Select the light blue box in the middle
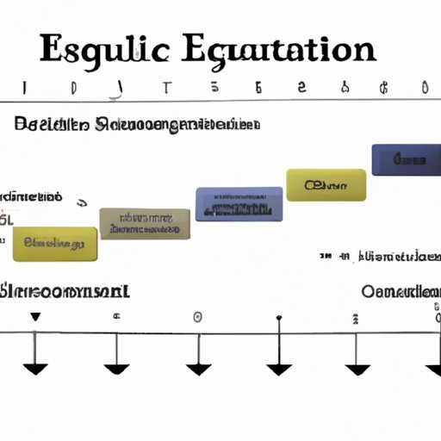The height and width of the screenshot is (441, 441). pyautogui.click(x=239, y=203)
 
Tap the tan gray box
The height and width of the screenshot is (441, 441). pyautogui.click(x=145, y=223)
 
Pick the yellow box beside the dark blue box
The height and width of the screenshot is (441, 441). pyautogui.click(x=326, y=184)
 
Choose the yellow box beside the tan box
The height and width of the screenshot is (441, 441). pyautogui.click(x=55, y=244)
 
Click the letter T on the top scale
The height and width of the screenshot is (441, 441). pyautogui.click(x=166, y=88)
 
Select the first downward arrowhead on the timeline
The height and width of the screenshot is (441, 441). pyautogui.click(x=34, y=369)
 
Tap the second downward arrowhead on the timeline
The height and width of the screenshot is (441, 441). pyautogui.click(x=116, y=369)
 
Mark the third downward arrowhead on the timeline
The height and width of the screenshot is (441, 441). pyautogui.click(x=198, y=369)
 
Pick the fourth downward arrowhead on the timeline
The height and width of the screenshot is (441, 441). pyautogui.click(x=279, y=369)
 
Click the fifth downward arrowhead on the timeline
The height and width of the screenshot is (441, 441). pyautogui.click(x=357, y=369)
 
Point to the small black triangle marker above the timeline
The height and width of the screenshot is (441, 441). pyautogui.click(x=34, y=317)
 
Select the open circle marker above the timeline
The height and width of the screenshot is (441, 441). pyautogui.click(x=197, y=317)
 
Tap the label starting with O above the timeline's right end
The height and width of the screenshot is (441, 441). pyautogui.click(x=400, y=291)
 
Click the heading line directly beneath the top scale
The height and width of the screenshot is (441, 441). pyautogui.click(x=138, y=125)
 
